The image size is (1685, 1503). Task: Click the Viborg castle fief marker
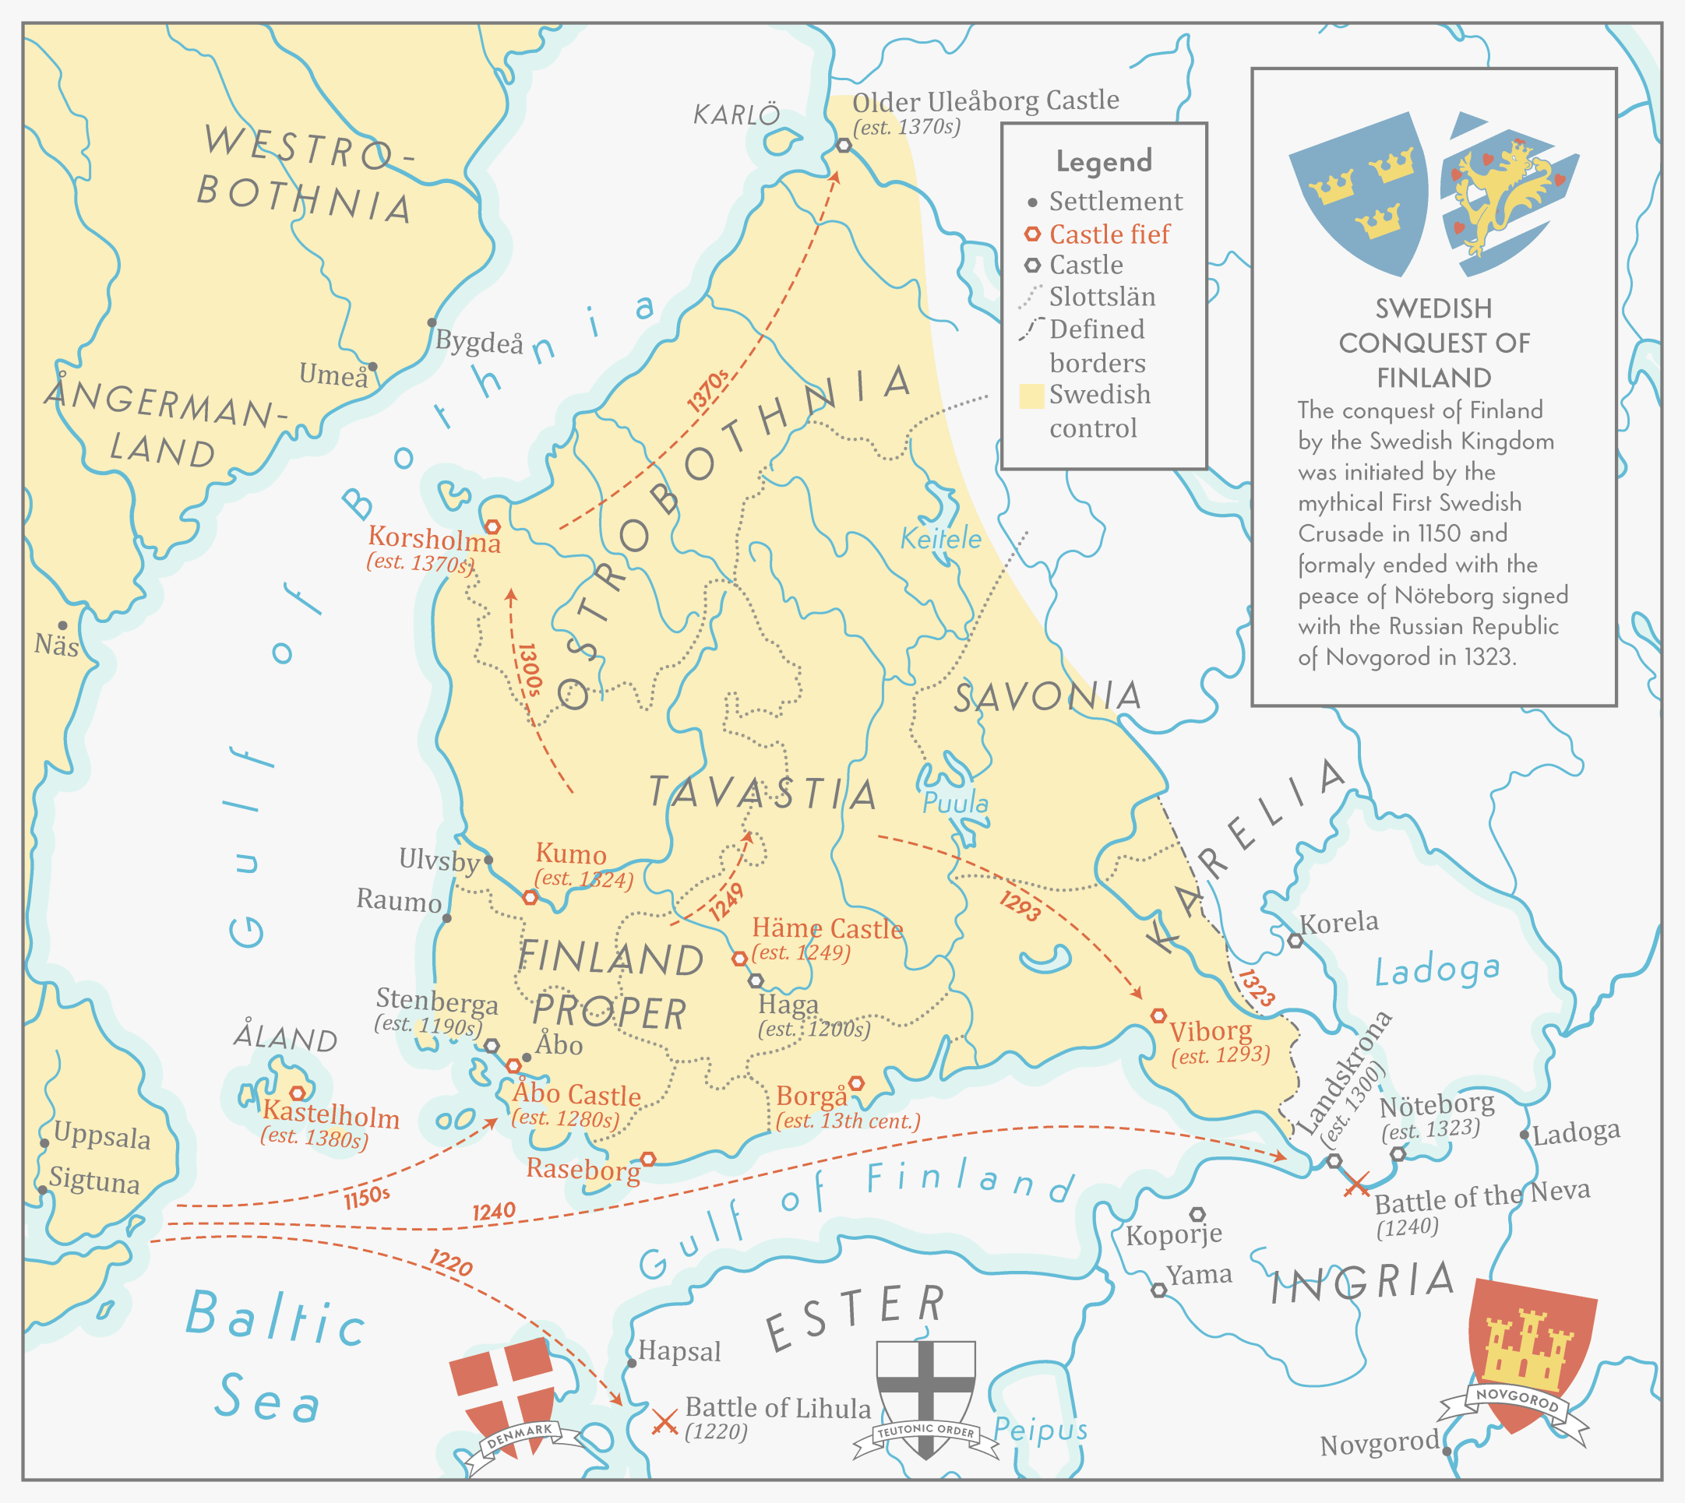pos(1159,1015)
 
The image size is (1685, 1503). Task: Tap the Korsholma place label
pos(435,539)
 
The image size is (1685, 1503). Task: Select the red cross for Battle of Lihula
pos(664,1421)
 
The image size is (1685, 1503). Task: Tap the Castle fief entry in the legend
pos(1109,234)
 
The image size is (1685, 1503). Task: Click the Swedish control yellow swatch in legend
pos(1031,396)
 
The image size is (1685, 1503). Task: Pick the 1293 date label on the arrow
pos(1020,906)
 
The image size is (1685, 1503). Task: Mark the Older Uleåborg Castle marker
pos(844,146)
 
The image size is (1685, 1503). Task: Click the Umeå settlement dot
pos(372,367)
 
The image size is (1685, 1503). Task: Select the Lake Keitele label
pos(941,539)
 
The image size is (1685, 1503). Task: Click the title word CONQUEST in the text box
pos(1434,343)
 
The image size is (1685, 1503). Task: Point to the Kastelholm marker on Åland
pos(298,1093)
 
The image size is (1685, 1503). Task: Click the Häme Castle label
pos(827,929)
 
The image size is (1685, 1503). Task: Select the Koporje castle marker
pos(1197,1214)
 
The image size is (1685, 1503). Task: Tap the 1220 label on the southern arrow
pos(451,1262)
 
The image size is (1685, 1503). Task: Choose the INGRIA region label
pos(1362,1283)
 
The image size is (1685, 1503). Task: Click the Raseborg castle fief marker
pos(648,1160)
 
